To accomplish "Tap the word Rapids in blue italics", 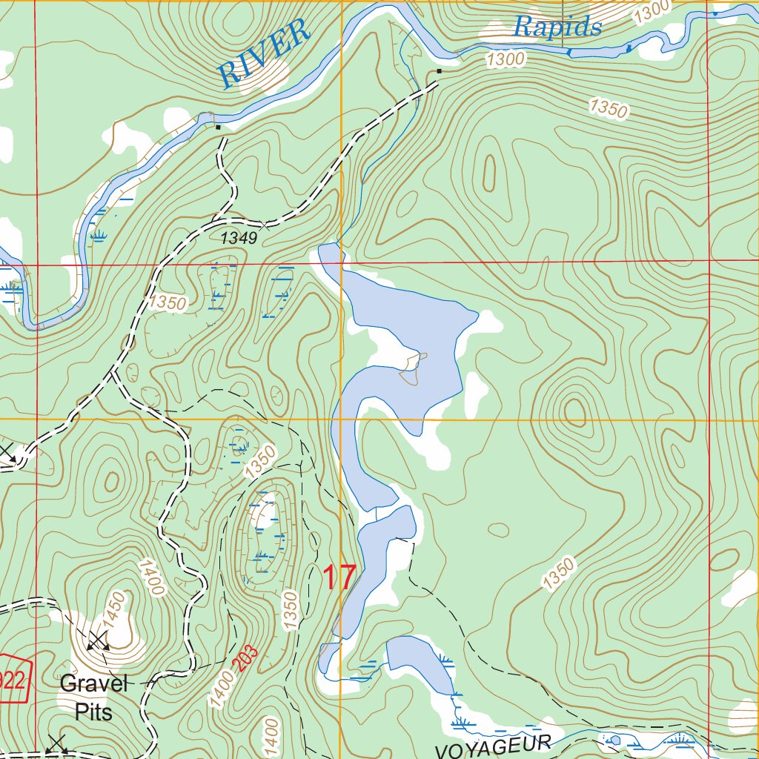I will (557, 27).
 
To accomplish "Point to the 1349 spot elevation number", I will (238, 238).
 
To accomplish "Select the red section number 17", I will (339, 578).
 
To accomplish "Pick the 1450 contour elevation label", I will (116, 608).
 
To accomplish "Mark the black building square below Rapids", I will (439, 71).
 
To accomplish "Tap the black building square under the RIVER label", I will (218, 127).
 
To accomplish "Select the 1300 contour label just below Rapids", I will (506, 58).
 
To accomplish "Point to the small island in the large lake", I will (414, 368).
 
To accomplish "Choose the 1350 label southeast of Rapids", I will (609, 108).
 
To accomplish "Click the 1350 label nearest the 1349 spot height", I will (168, 302).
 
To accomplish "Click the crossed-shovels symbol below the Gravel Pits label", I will (56, 743).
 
